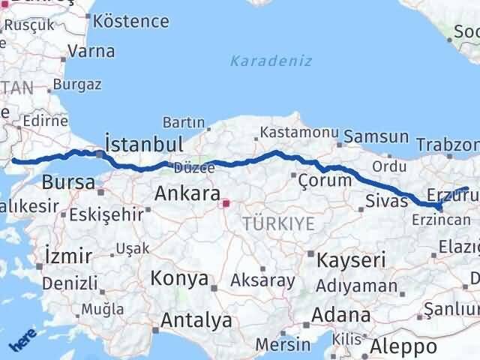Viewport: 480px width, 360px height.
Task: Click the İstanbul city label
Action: click(x=144, y=144)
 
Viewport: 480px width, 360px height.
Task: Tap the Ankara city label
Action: click(x=187, y=193)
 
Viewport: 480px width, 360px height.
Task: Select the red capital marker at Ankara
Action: click(x=226, y=202)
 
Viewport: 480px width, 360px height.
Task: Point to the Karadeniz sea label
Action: click(x=271, y=61)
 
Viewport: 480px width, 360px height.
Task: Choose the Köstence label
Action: click(x=132, y=21)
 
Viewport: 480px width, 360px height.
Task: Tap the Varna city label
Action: click(x=91, y=52)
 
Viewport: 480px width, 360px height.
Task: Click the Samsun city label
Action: click(x=377, y=138)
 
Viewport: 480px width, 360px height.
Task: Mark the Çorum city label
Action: click(x=325, y=181)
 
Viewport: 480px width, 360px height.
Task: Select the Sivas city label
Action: click(x=386, y=200)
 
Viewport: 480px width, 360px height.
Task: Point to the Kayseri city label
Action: click(x=351, y=260)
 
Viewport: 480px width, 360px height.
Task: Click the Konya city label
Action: click(x=179, y=278)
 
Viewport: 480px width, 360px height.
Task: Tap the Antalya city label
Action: click(x=196, y=321)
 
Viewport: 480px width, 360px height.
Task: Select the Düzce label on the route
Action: click(x=195, y=167)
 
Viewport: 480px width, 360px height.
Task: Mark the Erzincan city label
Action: click(x=440, y=220)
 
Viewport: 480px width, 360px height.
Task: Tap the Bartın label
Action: click(x=183, y=121)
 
